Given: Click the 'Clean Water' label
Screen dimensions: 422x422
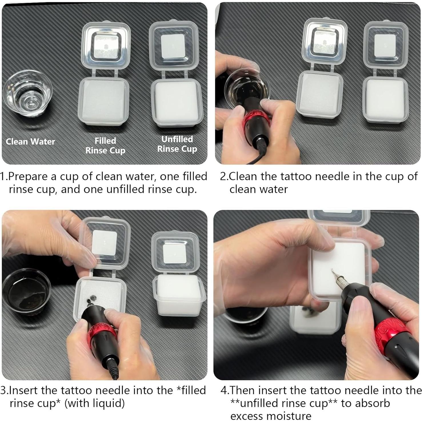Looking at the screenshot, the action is (30, 141).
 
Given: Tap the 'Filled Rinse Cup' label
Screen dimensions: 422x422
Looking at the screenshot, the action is (105, 145).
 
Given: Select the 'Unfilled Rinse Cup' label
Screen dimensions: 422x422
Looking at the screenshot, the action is (177, 144).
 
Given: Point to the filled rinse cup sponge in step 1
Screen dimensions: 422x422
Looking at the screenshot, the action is (103, 102).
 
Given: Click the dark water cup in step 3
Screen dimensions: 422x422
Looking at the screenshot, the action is (26, 292).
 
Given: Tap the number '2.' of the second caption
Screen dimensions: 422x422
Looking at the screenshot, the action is (224, 176).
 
